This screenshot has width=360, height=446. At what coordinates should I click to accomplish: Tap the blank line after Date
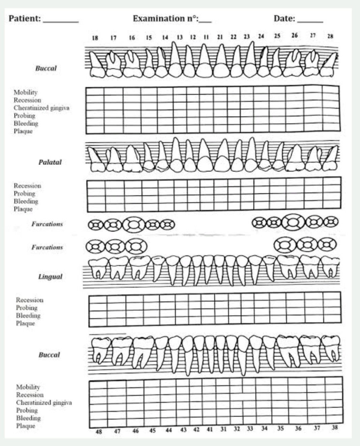click(x=310, y=21)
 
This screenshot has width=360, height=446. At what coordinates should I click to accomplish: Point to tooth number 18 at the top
click(x=95, y=38)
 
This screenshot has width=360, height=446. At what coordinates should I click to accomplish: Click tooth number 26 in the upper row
click(x=295, y=35)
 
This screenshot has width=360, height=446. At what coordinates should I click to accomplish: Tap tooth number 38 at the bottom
click(x=334, y=427)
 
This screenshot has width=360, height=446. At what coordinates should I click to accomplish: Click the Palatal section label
click(x=50, y=162)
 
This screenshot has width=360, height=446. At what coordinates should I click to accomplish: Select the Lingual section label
click(x=50, y=277)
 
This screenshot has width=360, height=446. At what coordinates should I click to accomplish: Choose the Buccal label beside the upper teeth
click(x=46, y=68)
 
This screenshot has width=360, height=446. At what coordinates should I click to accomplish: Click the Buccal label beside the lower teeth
click(x=49, y=355)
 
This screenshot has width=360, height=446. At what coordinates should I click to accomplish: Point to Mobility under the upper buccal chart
click(x=26, y=92)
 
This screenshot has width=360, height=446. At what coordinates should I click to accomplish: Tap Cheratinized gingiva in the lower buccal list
click(x=44, y=403)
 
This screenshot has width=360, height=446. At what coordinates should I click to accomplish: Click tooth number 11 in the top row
click(x=206, y=37)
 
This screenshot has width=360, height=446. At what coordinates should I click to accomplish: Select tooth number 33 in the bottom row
click(x=250, y=429)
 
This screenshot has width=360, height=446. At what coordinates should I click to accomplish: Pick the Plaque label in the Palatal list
click(x=23, y=209)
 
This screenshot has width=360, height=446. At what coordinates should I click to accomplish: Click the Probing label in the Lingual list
click(x=27, y=308)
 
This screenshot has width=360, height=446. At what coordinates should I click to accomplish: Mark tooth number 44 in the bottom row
click(x=169, y=430)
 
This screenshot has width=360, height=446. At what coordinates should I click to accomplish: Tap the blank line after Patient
click(x=61, y=21)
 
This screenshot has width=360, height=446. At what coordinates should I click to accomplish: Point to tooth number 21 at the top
click(x=220, y=37)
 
